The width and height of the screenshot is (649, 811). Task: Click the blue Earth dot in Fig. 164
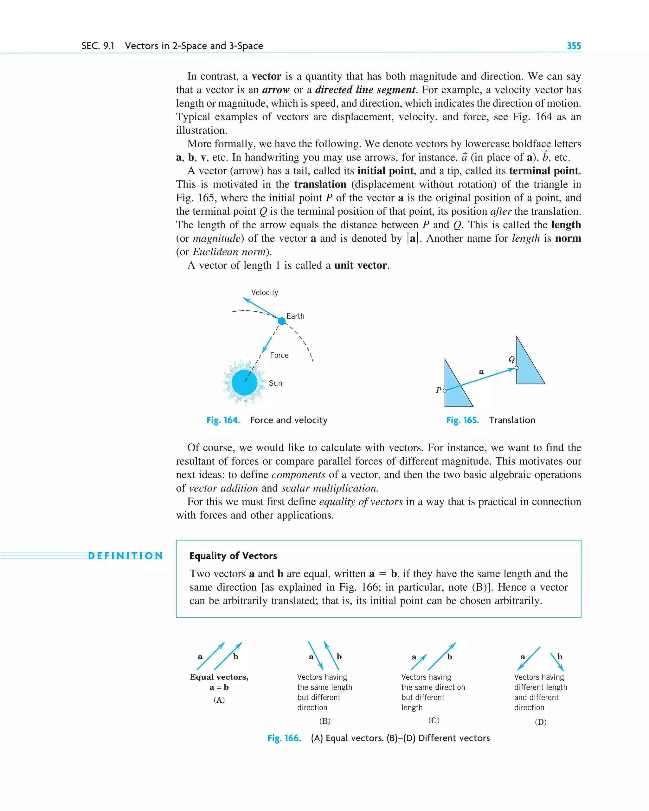tap(282, 321)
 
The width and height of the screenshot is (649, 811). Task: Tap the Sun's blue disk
tap(244, 382)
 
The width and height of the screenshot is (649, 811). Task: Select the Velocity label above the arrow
tap(265, 292)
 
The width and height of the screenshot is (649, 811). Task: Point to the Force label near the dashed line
tap(279, 355)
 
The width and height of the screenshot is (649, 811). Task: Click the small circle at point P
tap(445, 390)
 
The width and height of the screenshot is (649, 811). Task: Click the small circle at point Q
tap(517, 368)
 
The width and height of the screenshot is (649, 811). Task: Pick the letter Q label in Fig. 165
tap(511, 359)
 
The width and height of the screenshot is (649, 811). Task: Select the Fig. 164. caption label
tap(223, 420)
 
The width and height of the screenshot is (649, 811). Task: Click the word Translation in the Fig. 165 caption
tap(512, 420)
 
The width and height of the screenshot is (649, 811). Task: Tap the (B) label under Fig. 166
tap(324, 721)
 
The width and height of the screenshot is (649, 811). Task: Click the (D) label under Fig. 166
tap(541, 722)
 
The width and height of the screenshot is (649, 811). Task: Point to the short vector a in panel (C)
tap(419, 662)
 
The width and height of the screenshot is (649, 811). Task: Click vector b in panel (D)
tap(557, 662)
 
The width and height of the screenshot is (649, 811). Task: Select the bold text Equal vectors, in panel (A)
tap(219, 677)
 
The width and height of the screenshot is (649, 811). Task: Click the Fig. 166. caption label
tap(284, 738)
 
